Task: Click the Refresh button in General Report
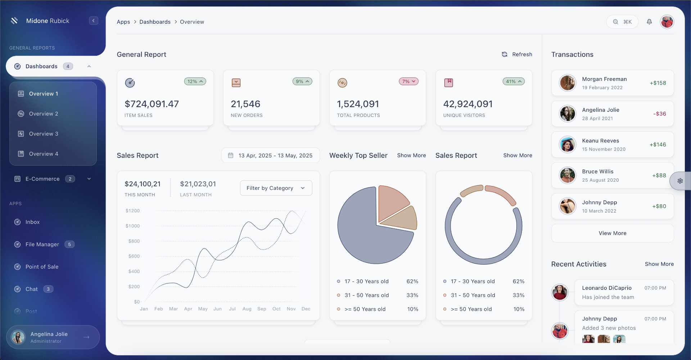pos(517,54)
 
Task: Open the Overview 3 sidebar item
pos(44,134)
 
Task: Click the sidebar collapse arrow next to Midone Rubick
pos(94,21)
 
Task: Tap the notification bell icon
pos(649,22)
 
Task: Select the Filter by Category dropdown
pos(276,188)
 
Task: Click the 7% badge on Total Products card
pos(408,82)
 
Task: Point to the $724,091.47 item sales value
pos(152,104)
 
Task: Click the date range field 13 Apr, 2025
pos(270,155)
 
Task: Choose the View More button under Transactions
pos(612,233)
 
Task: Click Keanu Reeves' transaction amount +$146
pos(658,145)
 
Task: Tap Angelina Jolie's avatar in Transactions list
pos(568,114)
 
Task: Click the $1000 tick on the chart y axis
pos(132,226)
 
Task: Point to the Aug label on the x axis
pos(247,309)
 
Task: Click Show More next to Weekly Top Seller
pos(411,155)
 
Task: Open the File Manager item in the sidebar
pos(42,245)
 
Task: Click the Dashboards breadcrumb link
pos(155,22)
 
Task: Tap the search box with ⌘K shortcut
pos(622,22)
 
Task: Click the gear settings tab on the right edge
pos(680,181)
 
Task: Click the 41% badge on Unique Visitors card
pos(513,82)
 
